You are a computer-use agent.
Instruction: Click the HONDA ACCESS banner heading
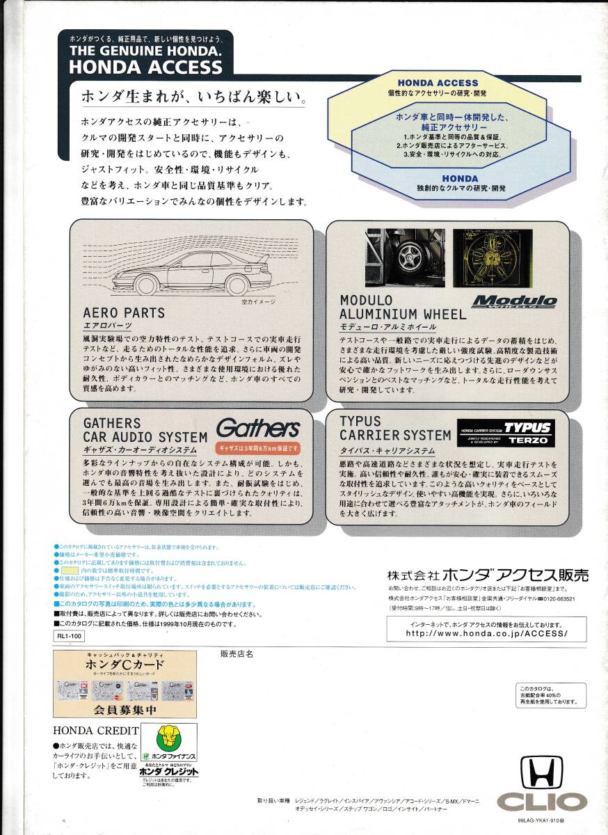145,66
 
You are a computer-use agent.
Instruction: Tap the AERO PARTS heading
124,313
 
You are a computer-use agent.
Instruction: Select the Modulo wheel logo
514,302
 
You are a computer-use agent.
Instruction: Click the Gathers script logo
257,428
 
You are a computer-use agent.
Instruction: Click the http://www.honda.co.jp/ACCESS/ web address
486,633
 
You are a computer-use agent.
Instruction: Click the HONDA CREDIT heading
91,730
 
